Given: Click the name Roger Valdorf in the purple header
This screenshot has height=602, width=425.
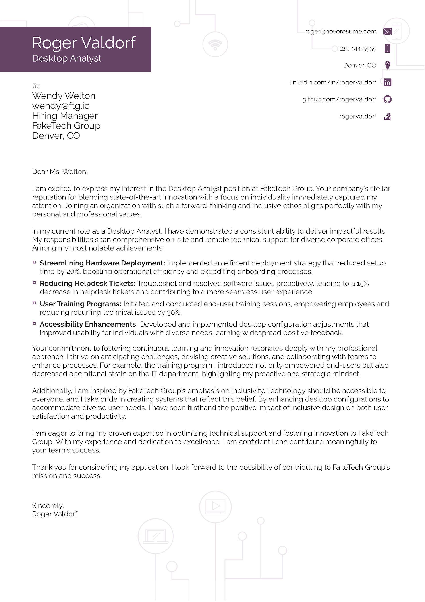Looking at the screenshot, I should (84, 43).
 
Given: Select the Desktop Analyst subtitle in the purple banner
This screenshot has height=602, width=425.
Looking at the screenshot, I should (67, 58).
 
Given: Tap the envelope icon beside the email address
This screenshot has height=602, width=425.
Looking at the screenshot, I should (387, 31).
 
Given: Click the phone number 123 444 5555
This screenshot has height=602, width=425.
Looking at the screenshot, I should (357, 49).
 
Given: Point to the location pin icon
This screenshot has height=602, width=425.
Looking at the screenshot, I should (388, 65).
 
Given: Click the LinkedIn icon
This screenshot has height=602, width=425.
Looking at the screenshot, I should (388, 82).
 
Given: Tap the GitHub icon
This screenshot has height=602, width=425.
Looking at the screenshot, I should (388, 99).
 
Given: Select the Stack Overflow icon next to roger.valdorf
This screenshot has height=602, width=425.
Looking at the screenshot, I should (388, 116).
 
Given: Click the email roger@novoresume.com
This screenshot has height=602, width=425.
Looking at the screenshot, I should (340, 31).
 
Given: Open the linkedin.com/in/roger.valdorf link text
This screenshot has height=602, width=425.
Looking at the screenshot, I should (333, 82).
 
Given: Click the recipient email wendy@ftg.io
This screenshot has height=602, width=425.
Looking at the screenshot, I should (61, 106).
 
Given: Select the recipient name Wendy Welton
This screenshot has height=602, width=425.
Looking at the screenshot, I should (64, 96).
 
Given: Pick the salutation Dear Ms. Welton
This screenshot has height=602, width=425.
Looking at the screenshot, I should (60, 171).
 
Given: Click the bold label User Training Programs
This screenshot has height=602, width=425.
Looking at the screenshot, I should (80, 304).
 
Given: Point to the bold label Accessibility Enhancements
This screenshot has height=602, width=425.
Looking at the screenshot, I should (89, 324).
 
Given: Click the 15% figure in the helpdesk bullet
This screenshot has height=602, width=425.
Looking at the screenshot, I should (363, 283).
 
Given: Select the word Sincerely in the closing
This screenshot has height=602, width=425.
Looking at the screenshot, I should (48, 506).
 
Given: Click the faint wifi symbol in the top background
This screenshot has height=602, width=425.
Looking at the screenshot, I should (215, 45).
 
